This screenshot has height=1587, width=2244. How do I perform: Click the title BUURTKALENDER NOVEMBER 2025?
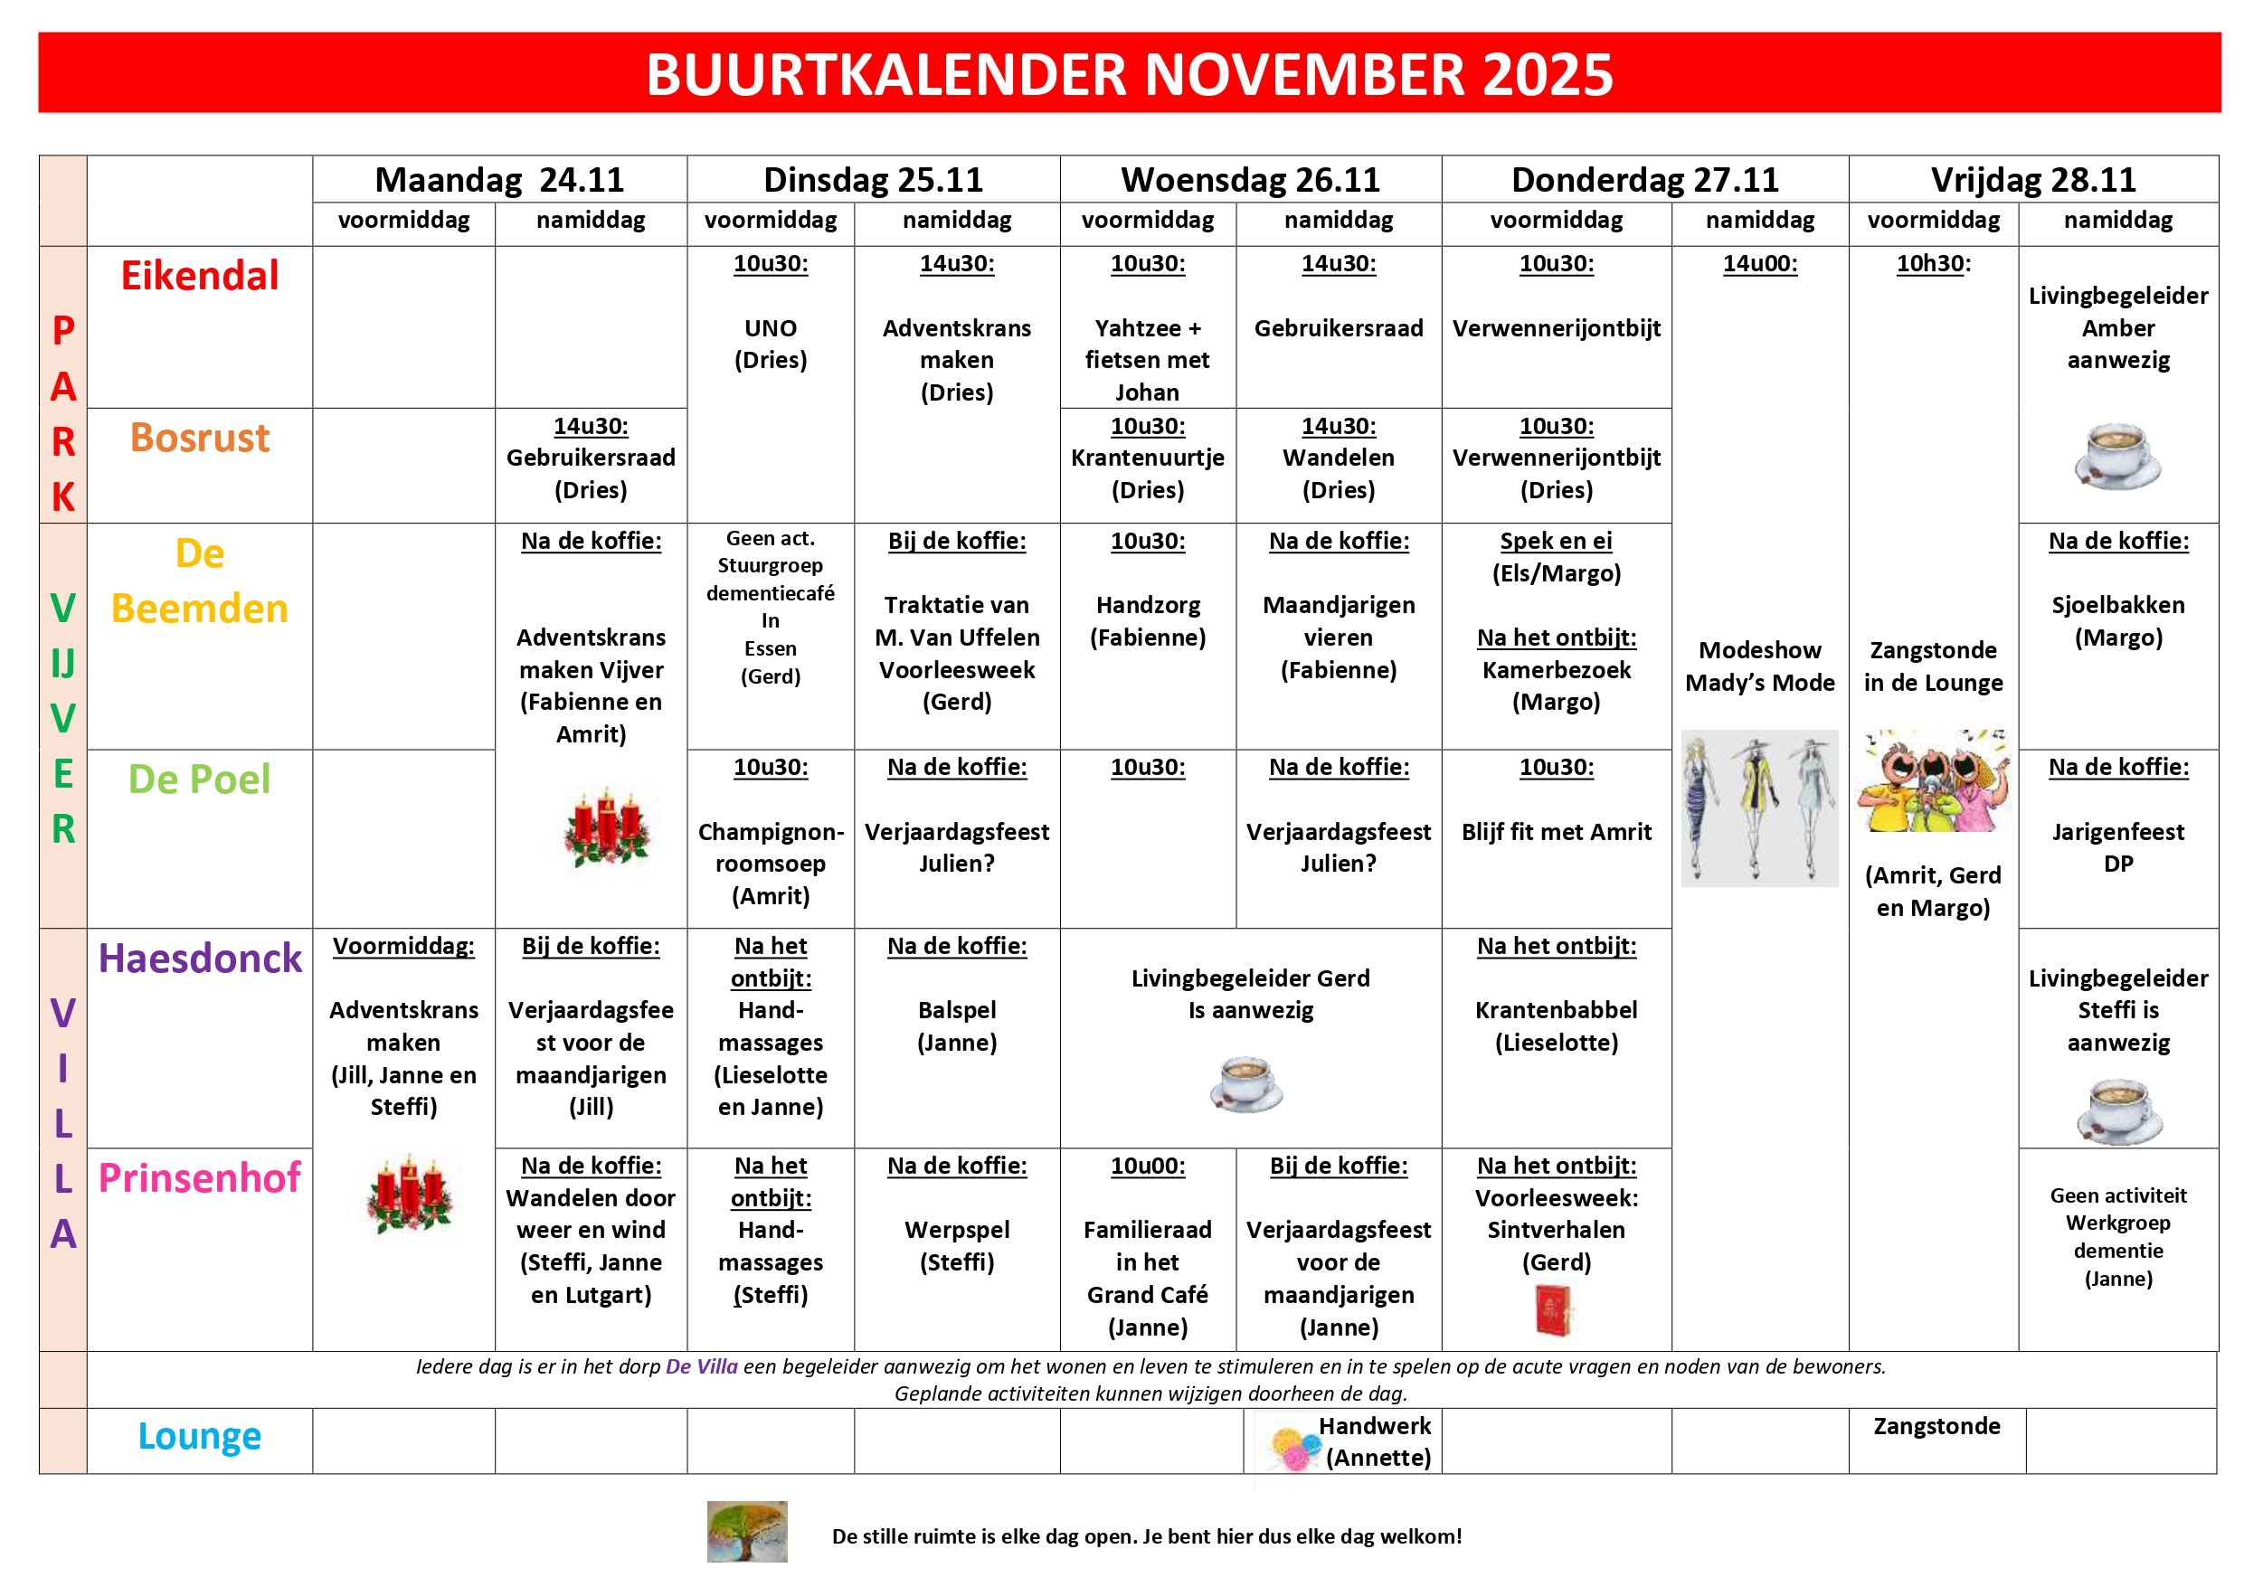[x=1129, y=74]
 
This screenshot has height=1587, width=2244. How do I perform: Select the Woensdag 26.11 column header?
[x=1250, y=180]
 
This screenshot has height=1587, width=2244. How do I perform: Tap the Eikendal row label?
[x=199, y=276]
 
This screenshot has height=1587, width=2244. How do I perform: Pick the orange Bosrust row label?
[x=199, y=438]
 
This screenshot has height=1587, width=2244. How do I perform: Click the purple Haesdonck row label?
[x=199, y=959]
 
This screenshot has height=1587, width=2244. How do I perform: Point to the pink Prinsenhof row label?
[x=199, y=1178]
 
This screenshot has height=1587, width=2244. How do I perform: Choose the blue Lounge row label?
[x=199, y=1437]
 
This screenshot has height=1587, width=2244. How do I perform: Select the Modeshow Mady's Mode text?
[x=1759, y=666]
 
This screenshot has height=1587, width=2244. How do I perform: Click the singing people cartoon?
[x=1933, y=782]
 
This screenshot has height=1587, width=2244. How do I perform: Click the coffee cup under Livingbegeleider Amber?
[x=2117, y=456]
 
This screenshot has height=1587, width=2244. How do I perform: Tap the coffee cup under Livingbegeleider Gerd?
[x=1246, y=1083]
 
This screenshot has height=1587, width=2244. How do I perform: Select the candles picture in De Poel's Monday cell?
[x=607, y=827]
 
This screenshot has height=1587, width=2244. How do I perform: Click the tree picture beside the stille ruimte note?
[x=747, y=1531]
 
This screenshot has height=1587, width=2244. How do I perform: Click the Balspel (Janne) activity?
[x=957, y=1026]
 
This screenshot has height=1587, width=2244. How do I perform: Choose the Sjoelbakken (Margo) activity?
[x=2118, y=621]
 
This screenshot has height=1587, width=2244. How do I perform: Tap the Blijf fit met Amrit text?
[x=1556, y=832]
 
